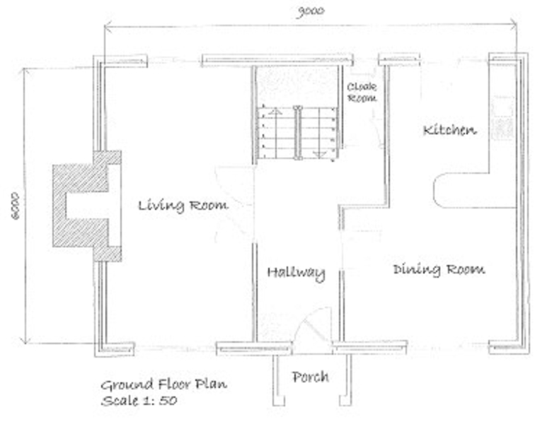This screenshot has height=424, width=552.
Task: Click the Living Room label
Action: click(x=183, y=206)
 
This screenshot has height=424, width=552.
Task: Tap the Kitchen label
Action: click(x=449, y=130)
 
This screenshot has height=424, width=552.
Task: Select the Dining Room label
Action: click(x=439, y=269)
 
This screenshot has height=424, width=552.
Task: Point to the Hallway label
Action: click(x=296, y=273)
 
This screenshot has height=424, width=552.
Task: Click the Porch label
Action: click(x=310, y=377)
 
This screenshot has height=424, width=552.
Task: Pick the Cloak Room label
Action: click(x=362, y=93)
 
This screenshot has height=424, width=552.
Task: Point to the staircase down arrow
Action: click(x=318, y=152)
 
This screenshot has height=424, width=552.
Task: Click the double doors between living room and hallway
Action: click(x=236, y=205)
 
